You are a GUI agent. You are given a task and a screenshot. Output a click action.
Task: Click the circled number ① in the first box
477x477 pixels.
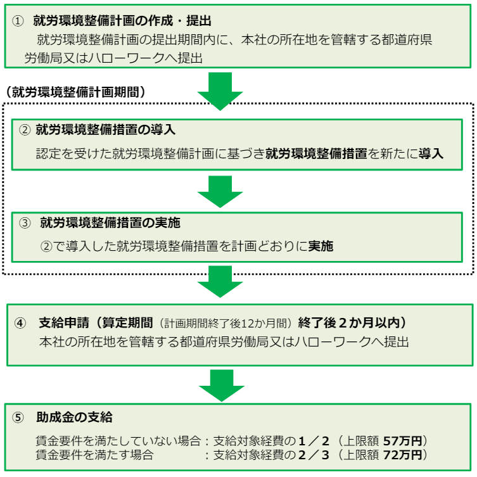click(x=18, y=22)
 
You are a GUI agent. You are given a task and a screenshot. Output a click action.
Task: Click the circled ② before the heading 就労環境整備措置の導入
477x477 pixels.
click(x=25, y=130)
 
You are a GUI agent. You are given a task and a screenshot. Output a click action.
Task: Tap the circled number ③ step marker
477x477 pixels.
click(x=25, y=223)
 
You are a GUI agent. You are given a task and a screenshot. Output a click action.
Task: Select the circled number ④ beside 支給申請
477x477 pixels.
click(x=20, y=323)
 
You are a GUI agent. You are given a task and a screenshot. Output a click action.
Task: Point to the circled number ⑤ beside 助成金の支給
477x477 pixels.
click(x=18, y=417)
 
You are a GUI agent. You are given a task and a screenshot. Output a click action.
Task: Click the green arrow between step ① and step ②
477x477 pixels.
click(x=220, y=91)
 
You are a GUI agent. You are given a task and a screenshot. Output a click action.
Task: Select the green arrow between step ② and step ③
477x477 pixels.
click(x=220, y=192)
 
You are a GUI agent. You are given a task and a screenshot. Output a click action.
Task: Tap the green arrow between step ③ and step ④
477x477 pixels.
click(x=220, y=281)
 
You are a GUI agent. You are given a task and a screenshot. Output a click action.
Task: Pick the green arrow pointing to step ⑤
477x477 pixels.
click(x=222, y=385)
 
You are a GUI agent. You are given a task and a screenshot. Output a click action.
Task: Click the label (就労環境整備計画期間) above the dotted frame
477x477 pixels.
click(x=75, y=92)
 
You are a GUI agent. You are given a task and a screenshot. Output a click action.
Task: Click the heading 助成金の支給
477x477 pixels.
click(x=74, y=417)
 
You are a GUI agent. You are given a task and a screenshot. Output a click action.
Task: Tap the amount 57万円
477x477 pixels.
click(x=402, y=441)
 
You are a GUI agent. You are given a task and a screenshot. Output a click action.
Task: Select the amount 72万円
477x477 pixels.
click(x=402, y=455)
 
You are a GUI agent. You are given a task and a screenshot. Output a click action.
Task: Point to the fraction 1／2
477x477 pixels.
click(x=314, y=441)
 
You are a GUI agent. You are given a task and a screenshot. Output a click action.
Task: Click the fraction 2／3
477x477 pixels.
click(x=314, y=455)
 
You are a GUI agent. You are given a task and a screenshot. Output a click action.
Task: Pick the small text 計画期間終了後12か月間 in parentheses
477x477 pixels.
click(x=226, y=324)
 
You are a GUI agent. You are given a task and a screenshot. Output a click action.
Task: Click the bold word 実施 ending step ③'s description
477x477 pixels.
click(x=321, y=246)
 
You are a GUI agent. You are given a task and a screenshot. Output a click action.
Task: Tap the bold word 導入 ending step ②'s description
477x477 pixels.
click(x=431, y=154)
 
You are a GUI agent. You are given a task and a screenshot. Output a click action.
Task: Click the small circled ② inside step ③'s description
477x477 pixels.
click(x=46, y=246)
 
